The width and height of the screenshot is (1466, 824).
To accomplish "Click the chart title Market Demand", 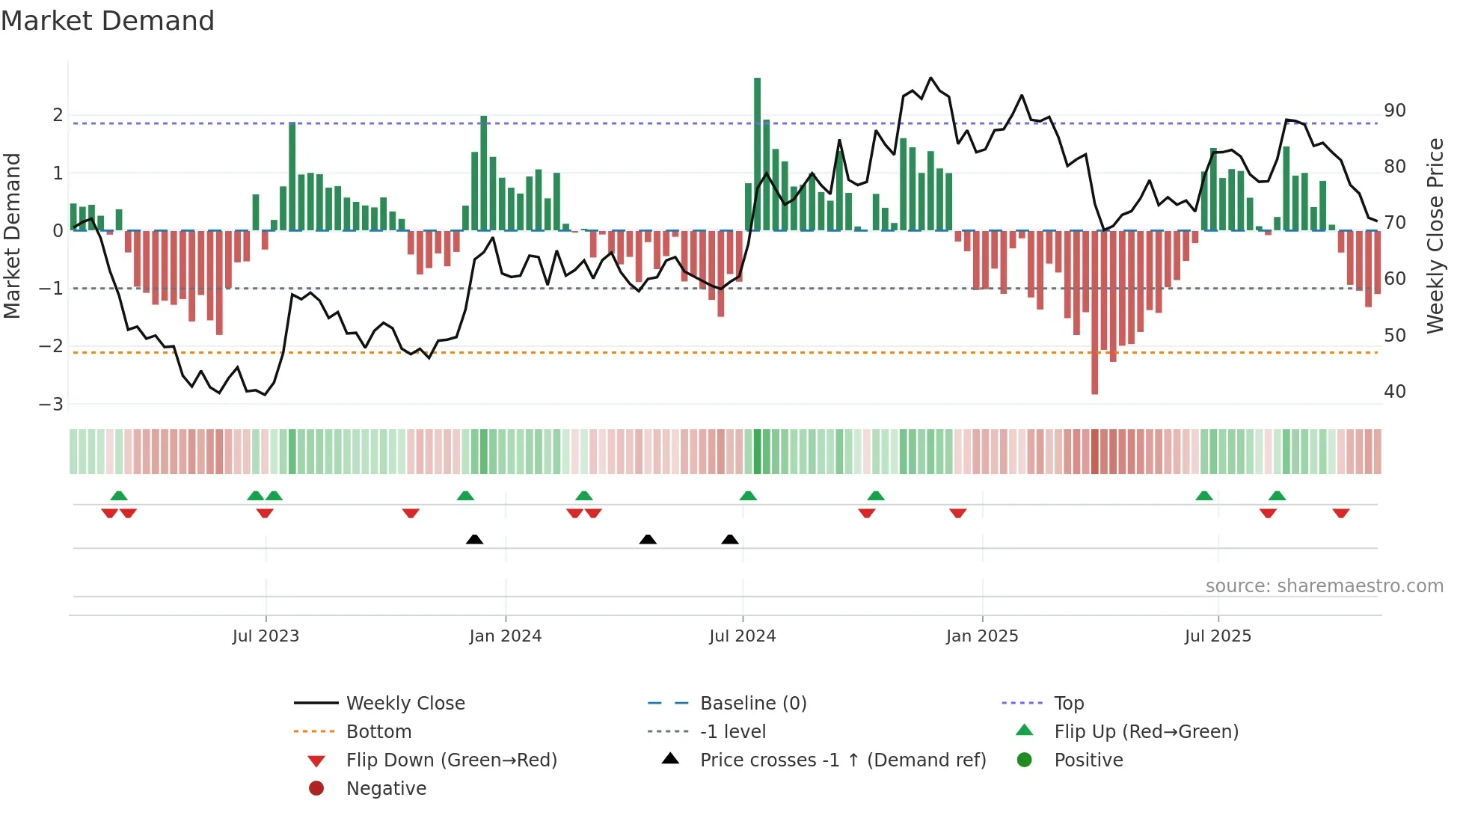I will point(108,21).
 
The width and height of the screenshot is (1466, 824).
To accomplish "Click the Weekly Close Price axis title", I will point(1435,236).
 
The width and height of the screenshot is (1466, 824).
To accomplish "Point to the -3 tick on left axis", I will point(52,405).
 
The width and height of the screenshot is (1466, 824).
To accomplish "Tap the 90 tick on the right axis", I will point(1394,111).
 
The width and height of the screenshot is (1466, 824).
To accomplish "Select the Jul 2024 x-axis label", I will point(742,636).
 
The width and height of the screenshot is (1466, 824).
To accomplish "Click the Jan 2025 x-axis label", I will point(981,636).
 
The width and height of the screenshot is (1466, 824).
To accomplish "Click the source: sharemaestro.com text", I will point(1324,586).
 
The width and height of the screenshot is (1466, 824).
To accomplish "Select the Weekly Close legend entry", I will point(405,704).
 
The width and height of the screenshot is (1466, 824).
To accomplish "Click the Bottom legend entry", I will point(378,732).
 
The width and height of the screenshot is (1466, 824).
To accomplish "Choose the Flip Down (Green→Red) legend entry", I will point(451,760).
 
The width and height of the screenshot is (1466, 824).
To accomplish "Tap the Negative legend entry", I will point(386,789).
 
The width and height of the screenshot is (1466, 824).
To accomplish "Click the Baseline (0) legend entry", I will point(752,704).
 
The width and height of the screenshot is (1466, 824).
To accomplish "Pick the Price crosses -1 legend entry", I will point(842,760).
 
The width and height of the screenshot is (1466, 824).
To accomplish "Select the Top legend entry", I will point(1068,704).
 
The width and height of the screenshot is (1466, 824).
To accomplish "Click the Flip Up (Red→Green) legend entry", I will point(1146,732).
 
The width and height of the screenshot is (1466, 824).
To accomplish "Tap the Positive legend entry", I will point(1088,760).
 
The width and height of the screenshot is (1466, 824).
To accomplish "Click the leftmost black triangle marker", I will point(474,539).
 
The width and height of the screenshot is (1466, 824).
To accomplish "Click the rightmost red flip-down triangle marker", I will point(1340,513).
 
